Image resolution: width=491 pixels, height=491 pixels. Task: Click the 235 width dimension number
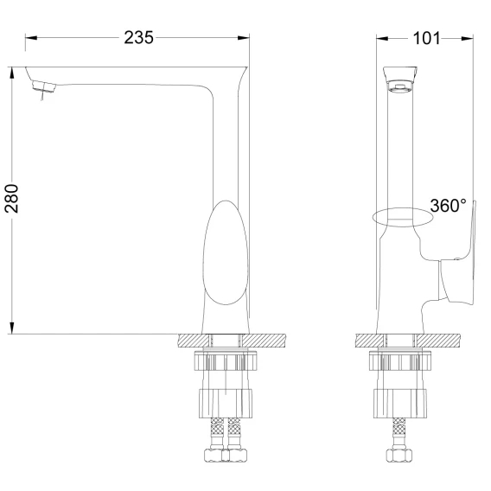coord(138,37)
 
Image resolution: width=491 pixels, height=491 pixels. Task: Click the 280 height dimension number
coord(11,199)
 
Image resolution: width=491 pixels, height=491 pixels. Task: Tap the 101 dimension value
coord(426,39)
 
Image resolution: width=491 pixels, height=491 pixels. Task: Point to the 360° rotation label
coord(448,206)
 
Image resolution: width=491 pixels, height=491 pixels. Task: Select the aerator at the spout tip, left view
coord(43,86)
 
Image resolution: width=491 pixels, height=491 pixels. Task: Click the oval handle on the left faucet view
coord(226,252)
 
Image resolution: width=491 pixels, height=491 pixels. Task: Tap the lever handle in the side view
coord(459,270)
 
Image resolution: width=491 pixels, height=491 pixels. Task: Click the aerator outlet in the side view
coord(400,86)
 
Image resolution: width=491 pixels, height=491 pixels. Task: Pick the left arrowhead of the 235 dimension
coord(31,38)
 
